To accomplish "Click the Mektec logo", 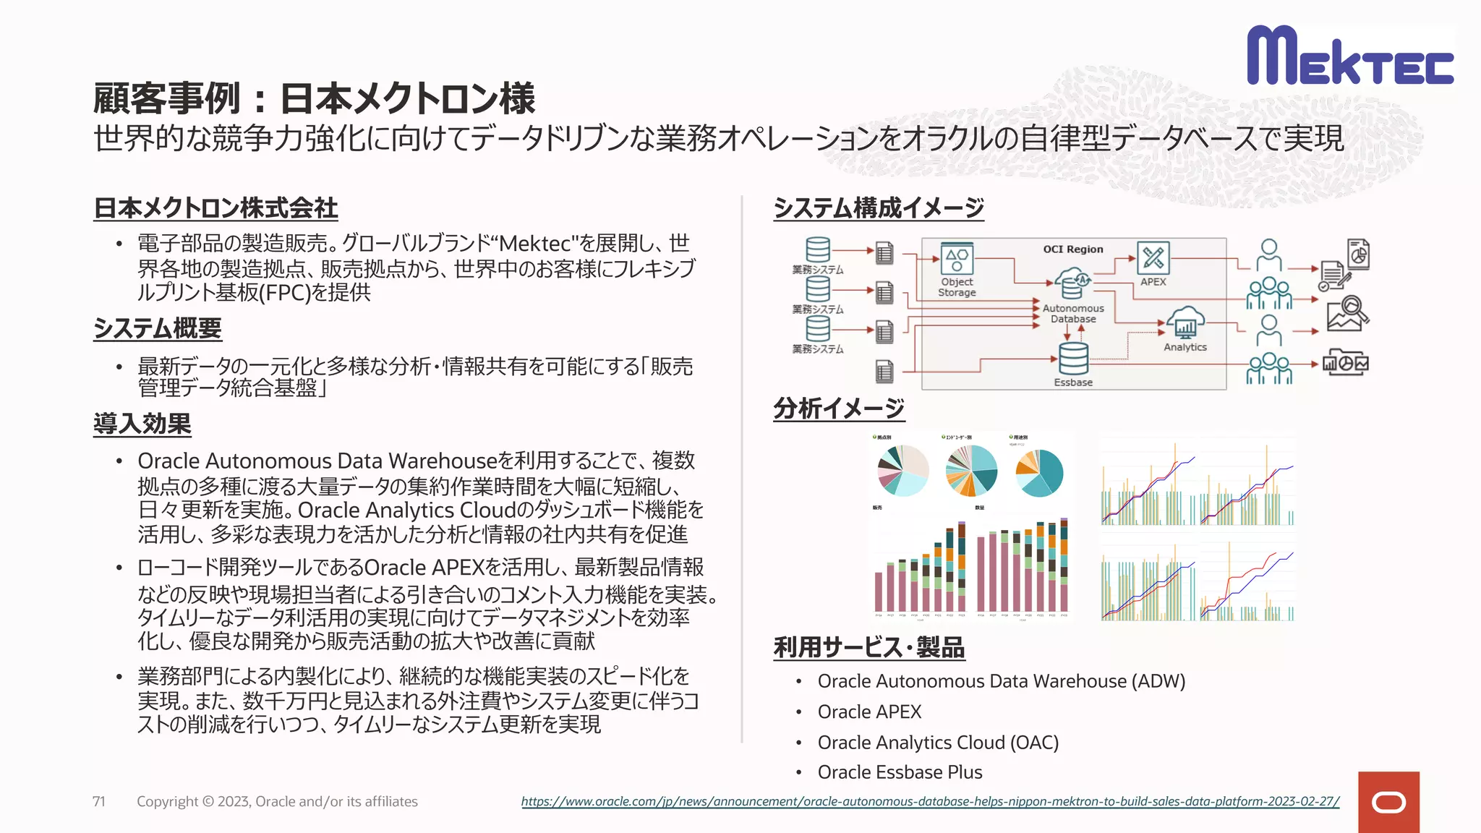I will coord(1349,56).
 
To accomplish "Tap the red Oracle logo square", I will coord(1388,802).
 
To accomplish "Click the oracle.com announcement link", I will coord(930,801).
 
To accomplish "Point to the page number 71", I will coord(99,801).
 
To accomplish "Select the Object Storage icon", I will coord(957,258).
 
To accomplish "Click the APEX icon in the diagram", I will coord(1153,258).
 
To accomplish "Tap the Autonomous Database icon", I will coord(1072,283).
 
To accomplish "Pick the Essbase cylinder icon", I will coord(1072,358).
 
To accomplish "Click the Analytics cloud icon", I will coord(1185,322).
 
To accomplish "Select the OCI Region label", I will coord(1072,249).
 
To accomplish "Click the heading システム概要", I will coord(157,328).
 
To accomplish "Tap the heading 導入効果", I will coord(142,424).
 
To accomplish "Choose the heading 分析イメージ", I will coord(838,409).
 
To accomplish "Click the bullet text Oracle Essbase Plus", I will coord(900,772).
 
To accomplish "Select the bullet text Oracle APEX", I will coord(869,712).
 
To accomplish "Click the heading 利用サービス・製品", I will coord(868,647).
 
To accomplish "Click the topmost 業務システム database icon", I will coord(817,250).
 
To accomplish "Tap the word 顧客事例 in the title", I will coord(166,98).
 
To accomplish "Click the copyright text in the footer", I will coord(277,801).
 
